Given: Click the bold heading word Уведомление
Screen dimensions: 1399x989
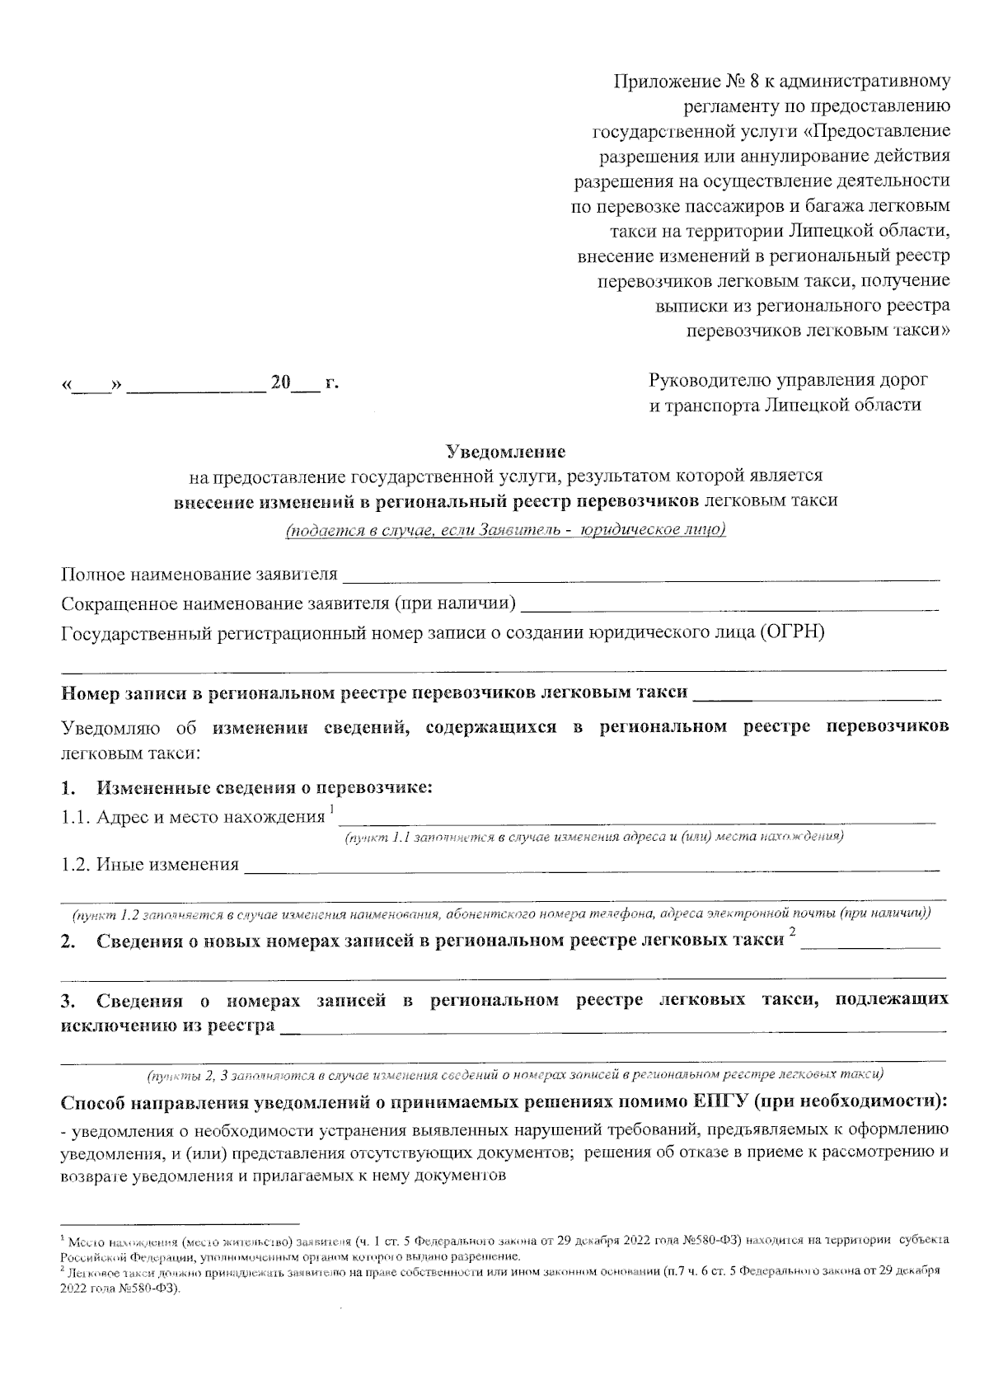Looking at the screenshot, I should point(505,452).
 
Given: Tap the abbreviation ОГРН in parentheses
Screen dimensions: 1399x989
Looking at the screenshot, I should point(790,633).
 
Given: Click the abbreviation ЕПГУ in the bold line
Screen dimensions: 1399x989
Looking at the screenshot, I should point(726,1103).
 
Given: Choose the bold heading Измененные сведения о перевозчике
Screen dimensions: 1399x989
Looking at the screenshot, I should point(265,787).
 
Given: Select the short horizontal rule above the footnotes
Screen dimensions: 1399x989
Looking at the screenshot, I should point(180,1223).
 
